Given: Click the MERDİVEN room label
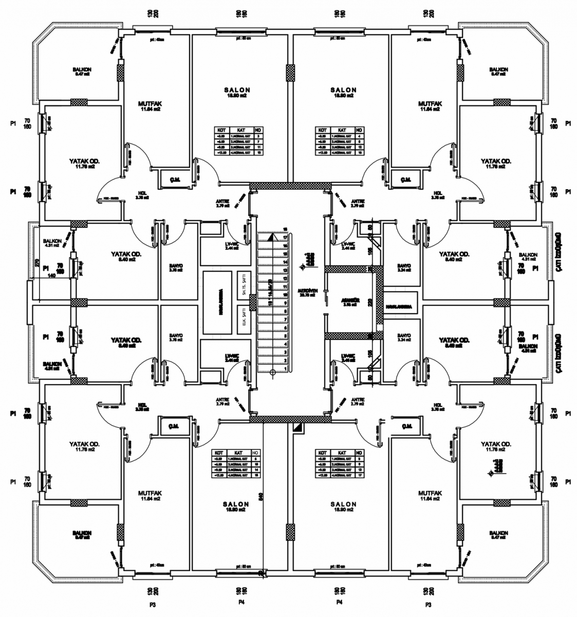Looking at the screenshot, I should pos(308,291).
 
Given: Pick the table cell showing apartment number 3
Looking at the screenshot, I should pos(258,136).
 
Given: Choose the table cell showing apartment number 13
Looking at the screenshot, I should pos(359,470).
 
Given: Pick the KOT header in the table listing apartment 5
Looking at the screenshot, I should pos(322,452).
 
